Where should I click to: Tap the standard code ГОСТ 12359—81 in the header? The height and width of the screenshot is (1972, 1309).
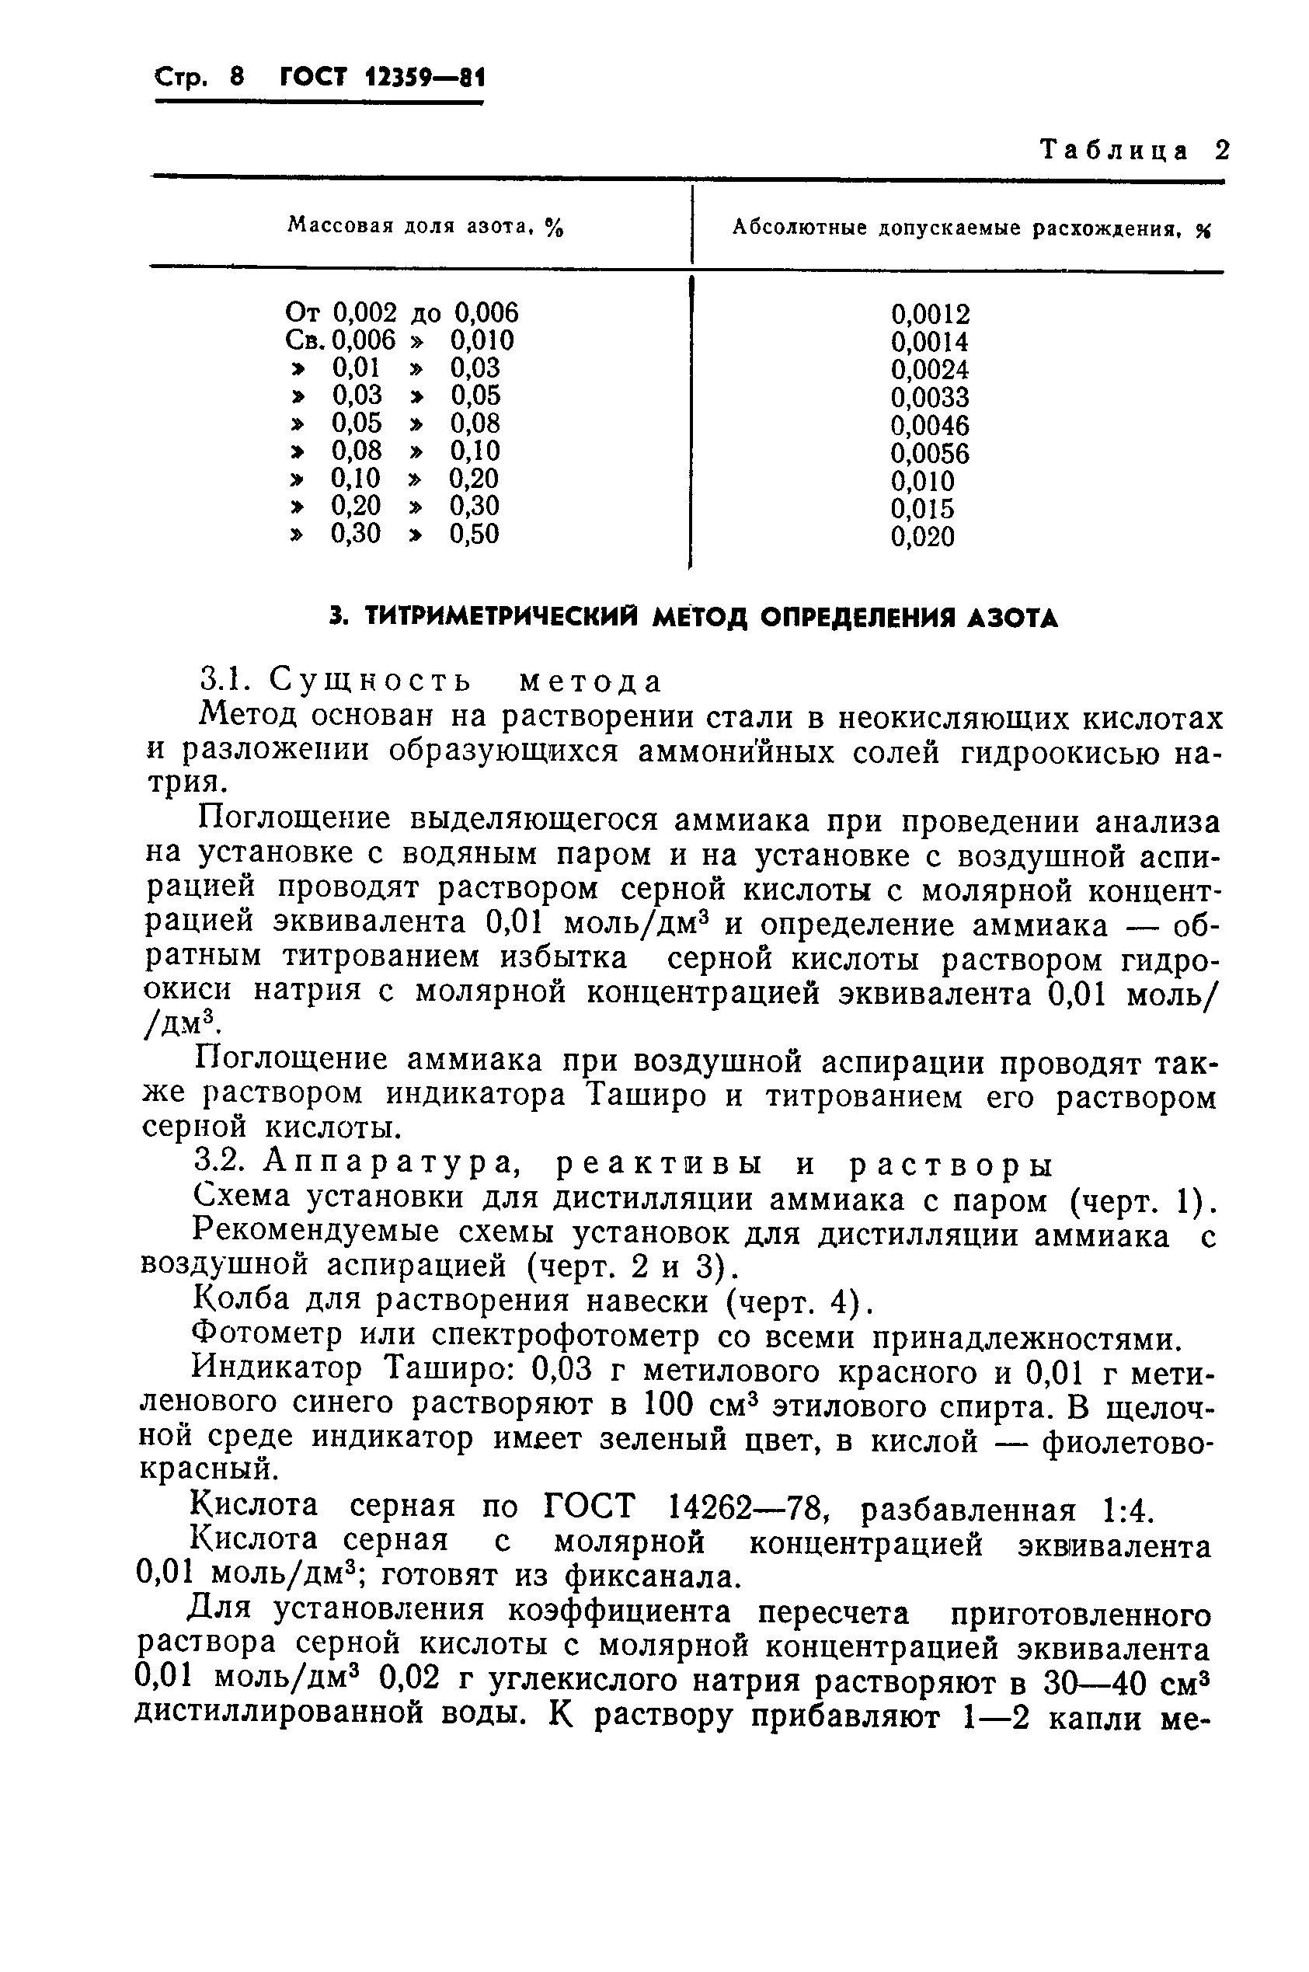(x=382, y=78)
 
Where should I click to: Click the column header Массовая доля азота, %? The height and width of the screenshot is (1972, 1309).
(x=425, y=225)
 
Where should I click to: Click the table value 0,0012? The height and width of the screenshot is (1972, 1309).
(x=930, y=315)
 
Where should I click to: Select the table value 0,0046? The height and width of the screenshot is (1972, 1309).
(x=930, y=426)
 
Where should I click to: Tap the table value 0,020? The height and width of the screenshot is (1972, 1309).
(x=921, y=537)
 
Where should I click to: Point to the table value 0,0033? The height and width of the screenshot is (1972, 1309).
(x=930, y=397)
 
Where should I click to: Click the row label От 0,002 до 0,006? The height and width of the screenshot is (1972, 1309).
(x=402, y=313)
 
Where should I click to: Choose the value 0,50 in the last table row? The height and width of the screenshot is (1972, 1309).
(x=474, y=534)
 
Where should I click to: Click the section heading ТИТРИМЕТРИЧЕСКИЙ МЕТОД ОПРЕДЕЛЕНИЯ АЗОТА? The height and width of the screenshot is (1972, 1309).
(x=692, y=618)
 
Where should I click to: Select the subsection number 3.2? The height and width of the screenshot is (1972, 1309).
(x=221, y=1164)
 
